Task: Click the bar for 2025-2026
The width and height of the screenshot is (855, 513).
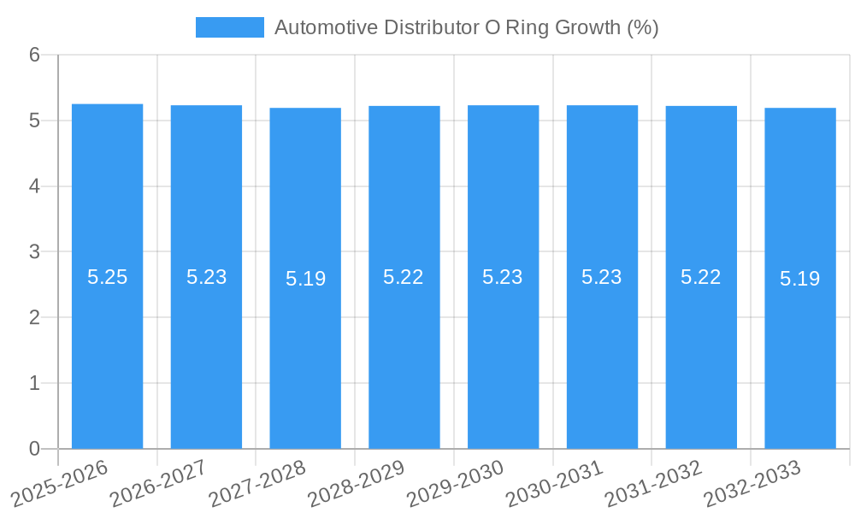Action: click(107, 359)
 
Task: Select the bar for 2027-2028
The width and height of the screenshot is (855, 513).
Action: click(305, 359)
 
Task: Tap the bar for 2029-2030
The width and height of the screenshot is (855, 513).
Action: click(503, 359)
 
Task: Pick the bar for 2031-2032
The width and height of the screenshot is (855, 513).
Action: click(701, 359)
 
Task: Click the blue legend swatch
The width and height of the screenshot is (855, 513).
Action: click(229, 27)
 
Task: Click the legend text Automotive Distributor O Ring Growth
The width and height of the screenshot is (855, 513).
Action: click(466, 27)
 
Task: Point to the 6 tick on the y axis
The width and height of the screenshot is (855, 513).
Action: click(35, 55)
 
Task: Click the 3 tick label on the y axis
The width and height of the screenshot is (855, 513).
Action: click(35, 252)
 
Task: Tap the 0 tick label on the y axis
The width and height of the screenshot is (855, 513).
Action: click(35, 449)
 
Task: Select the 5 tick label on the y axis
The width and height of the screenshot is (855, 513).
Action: click(35, 121)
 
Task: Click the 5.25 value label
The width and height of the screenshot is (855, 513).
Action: click(107, 277)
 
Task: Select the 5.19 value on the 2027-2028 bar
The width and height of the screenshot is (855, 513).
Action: click(305, 279)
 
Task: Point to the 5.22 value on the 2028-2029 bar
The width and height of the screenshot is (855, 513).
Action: click(404, 277)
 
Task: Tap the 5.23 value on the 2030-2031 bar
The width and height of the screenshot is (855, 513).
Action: click(602, 277)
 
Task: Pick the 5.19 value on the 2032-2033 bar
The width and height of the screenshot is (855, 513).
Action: click(800, 279)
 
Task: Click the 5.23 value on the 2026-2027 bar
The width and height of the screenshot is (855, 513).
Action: click(206, 277)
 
